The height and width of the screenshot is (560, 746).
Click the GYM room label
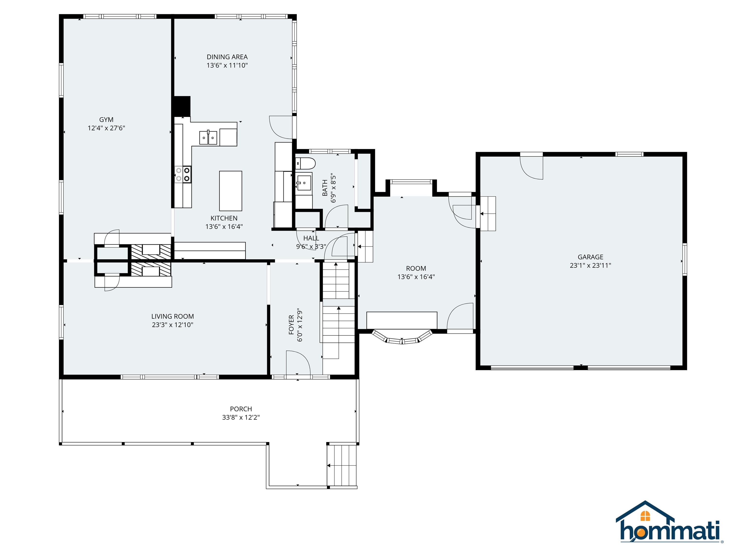click(x=106, y=120)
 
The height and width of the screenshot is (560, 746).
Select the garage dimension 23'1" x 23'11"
click(x=590, y=265)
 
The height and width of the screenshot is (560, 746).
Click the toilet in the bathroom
click(x=305, y=163)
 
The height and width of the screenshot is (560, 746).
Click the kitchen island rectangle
click(x=230, y=191)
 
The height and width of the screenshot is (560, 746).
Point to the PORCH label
click(x=241, y=409)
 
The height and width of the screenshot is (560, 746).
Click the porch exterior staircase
click(x=342, y=465)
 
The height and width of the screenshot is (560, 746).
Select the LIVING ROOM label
click(x=172, y=316)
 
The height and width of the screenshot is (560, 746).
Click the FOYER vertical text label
click(x=291, y=325)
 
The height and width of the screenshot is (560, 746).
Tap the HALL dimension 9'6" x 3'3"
click(x=311, y=247)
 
